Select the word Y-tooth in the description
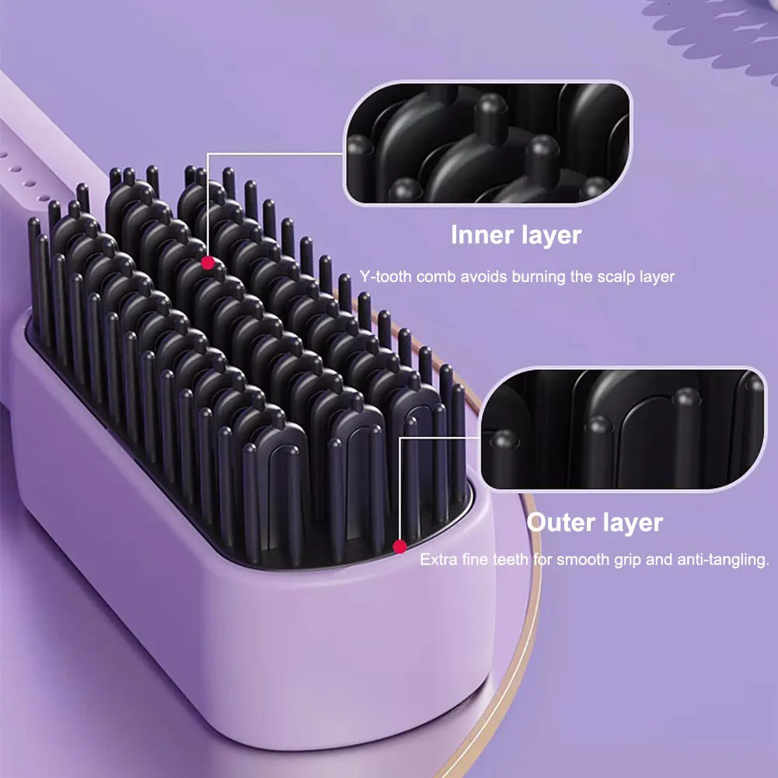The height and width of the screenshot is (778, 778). coord(386,277)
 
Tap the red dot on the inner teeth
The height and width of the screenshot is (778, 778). coord(208,263)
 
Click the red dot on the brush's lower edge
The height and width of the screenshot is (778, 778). coord(399,546)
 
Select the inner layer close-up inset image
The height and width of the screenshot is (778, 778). coord(487,143)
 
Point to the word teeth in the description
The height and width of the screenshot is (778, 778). coord(511,560)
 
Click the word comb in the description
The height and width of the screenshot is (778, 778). coord(437,277)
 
